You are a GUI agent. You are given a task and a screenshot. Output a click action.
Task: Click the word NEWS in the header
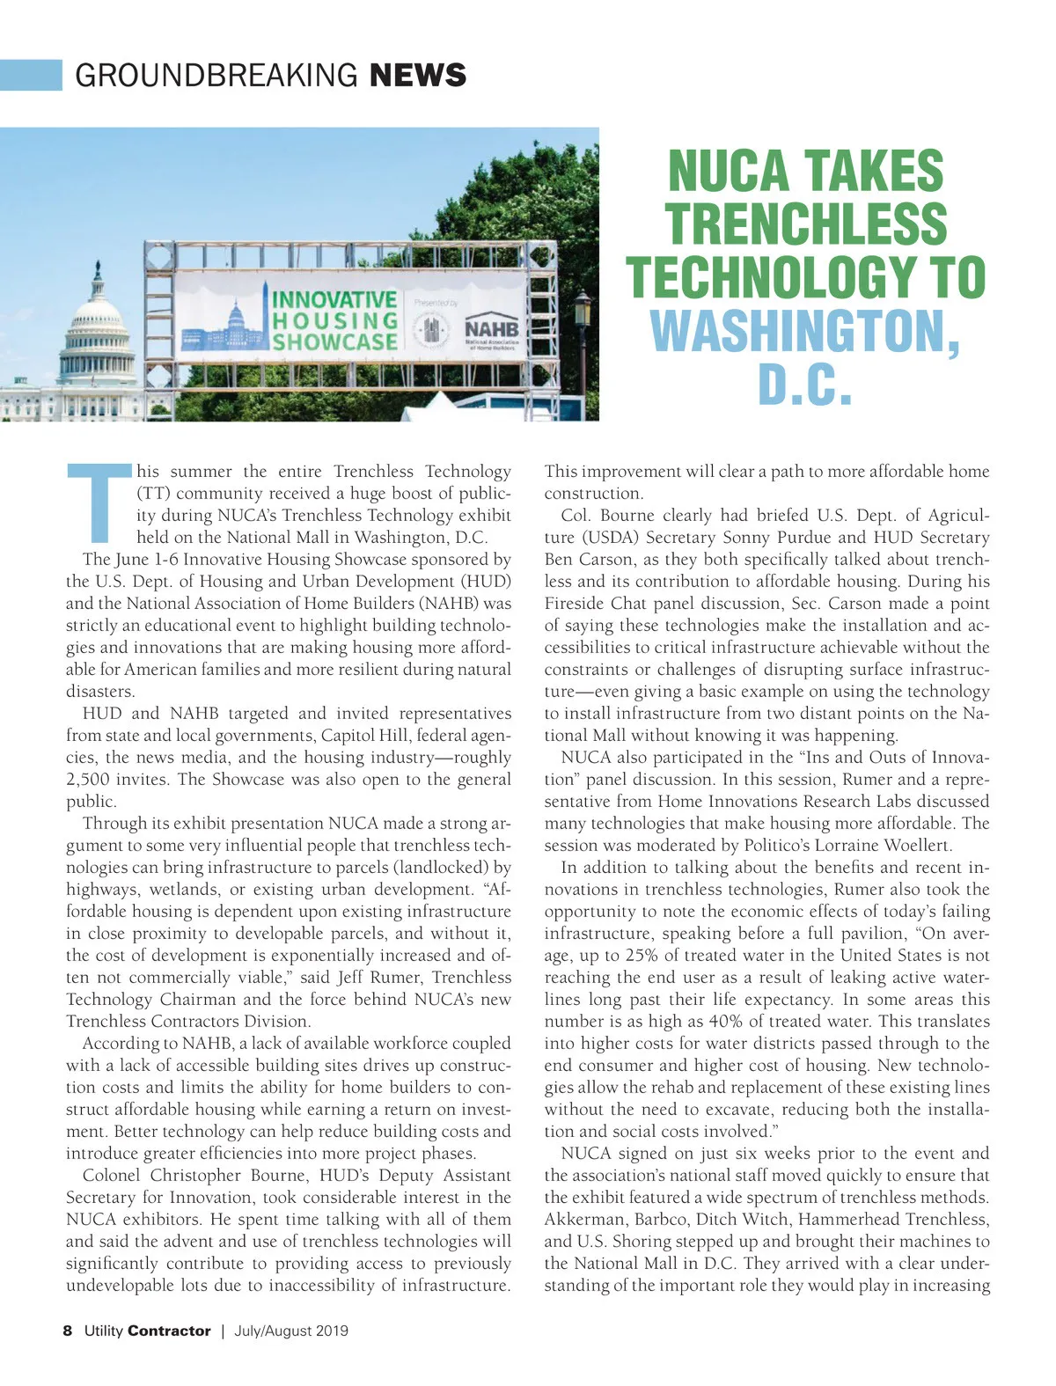pyautogui.click(x=418, y=76)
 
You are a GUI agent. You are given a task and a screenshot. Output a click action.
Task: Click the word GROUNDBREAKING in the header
pyautogui.click(x=216, y=76)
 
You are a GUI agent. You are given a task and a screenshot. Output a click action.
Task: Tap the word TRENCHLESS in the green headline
pyautogui.click(x=805, y=224)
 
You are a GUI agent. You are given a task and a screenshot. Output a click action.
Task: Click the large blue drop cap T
pyautogui.click(x=100, y=503)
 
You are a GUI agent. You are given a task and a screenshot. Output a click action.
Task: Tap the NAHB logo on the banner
pyautogui.click(x=492, y=329)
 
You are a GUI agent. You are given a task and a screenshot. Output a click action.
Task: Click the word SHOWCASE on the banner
pyautogui.click(x=334, y=341)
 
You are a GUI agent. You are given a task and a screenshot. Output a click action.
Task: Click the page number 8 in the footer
pyautogui.click(x=68, y=1331)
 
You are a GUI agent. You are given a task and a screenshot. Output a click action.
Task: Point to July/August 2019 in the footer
pyautogui.click(x=290, y=1331)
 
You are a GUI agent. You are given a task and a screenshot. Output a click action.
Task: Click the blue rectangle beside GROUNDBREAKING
pyautogui.click(x=31, y=76)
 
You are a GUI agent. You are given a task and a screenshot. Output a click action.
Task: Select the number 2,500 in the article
pyautogui.click(x=89, y=780)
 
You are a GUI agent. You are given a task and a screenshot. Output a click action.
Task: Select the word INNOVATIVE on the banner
pyautogui.click(x=334, y=299)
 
